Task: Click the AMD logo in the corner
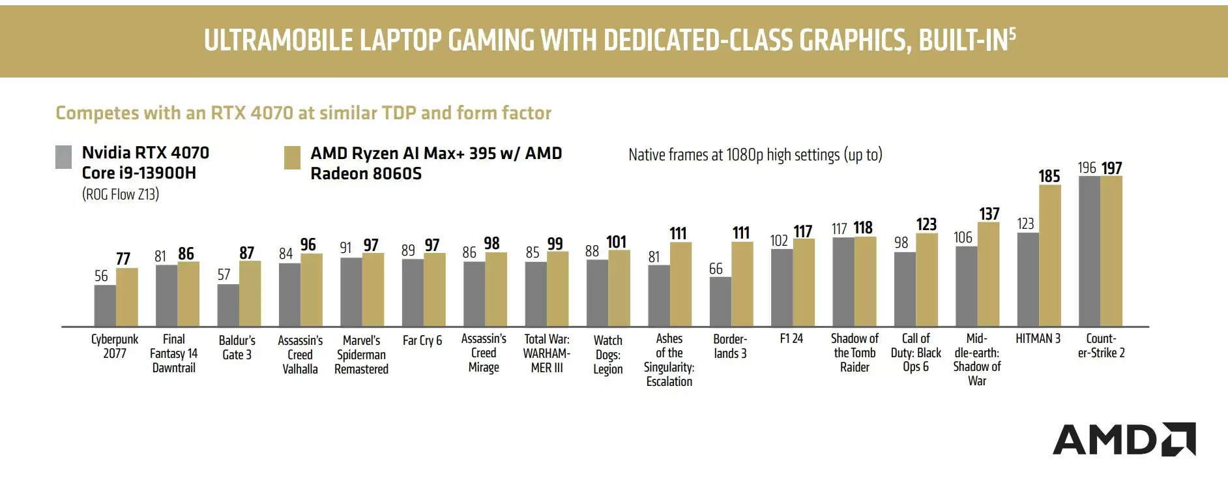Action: [1124, 439]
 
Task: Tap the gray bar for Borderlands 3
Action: [720, 302]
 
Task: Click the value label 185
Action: [1049, 177]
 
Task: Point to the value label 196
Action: [1087, 168]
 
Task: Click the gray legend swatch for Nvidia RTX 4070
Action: [64, 157]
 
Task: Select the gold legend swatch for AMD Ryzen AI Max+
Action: [293, 158]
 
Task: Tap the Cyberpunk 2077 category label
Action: [115, 346]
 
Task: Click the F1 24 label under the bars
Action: [791, 339]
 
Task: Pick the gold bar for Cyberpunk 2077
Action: [127, 297]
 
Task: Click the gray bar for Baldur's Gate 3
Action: [228, 305]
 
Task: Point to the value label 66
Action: [716, 269]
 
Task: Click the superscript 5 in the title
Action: [1012, 33]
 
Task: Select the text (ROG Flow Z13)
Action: [121, 194]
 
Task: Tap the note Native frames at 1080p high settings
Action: [755, 155]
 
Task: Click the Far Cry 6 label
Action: [422, 340]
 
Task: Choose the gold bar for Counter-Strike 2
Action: [1111, 251]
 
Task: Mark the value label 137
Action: [989, 214]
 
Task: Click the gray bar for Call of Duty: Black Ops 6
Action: [905, 289]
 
